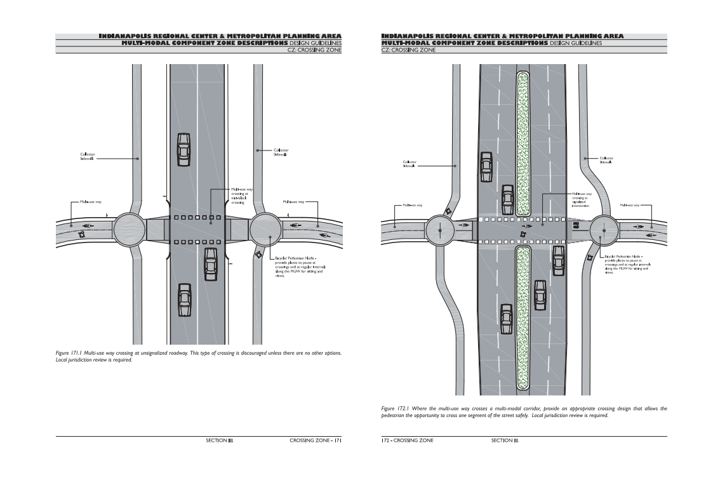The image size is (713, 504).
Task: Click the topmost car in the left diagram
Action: [183, 149]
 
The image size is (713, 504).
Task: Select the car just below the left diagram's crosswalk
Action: [211, 264]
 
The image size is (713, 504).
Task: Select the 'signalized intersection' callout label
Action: [581, 200]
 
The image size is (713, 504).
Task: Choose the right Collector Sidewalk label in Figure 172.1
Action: [606, 160]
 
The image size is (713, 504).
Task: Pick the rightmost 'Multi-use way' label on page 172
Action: [630, 205]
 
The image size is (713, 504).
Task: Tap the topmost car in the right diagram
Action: [486, 166]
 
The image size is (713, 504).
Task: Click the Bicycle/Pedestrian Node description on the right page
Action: [626, 267]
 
